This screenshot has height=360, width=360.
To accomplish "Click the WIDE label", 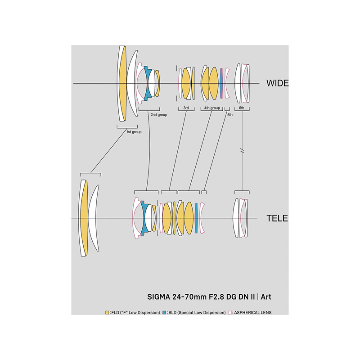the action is [x=277, y=83].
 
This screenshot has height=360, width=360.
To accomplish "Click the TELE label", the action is [x=277, y=218].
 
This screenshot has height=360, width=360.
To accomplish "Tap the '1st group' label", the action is [x=134, y=132].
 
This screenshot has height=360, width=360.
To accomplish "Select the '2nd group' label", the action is [x=159, y=115].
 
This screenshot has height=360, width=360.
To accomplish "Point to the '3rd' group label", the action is [x=186, y=108].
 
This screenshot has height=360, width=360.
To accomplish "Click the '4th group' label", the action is [x=212, y=108].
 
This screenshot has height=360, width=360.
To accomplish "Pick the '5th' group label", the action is [x=230, y=115].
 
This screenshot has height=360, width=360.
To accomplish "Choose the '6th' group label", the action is [x=242, y=108].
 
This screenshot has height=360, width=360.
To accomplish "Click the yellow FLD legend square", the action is [x=107, y=312].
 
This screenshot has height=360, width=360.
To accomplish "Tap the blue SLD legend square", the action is [x=164, y=312].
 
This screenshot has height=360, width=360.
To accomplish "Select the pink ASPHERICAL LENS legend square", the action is [x=230, y=312].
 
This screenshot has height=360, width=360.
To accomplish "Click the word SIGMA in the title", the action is [x=159, y=297].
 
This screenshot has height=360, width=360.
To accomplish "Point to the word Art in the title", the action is [x=266, y=297].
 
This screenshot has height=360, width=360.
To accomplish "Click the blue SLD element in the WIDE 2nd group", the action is [x=147, y=83].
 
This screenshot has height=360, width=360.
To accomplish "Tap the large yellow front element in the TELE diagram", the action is [x=84, y=218].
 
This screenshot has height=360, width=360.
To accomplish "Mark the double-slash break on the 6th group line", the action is [x=242, y=151].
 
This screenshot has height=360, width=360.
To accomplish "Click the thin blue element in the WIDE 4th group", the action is [x=221, y=83].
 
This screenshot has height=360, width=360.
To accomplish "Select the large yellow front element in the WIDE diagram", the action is [x=123, y=83].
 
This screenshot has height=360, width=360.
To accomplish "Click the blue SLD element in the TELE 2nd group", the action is [x=144, y=218].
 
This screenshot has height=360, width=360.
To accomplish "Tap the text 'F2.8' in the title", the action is [x=216, y=297].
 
